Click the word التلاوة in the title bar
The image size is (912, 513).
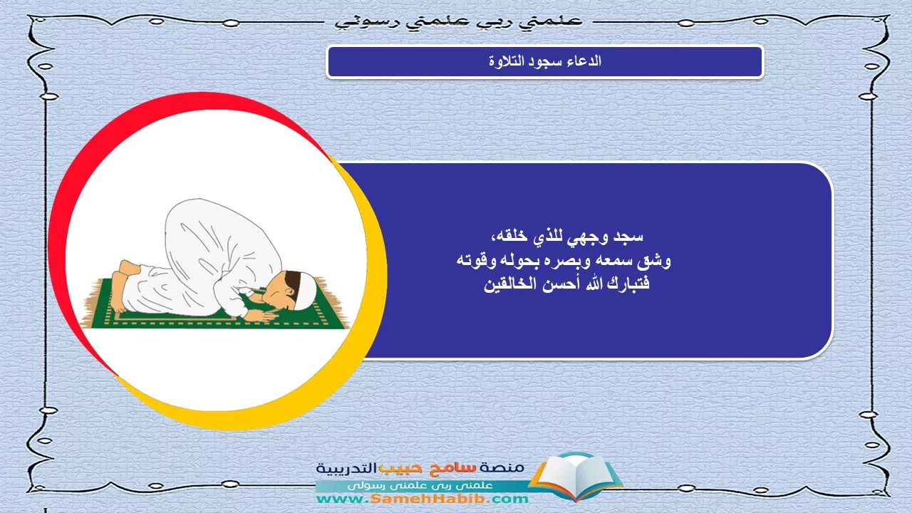pos(506,62)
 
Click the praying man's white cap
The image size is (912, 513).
pos(306,291)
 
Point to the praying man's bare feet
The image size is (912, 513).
pos(122,285)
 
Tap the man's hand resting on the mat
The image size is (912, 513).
pos(261,315)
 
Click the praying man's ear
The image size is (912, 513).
pos(289,292)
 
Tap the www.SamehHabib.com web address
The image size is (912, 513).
pos(423,499)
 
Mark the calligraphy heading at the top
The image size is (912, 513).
pos(459,21)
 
